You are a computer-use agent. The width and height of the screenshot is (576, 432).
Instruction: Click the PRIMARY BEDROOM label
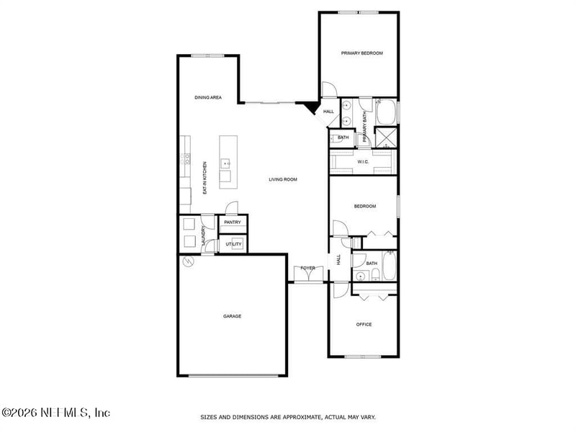coord(361,53)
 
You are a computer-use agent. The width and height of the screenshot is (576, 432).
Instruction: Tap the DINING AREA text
coord(207,97)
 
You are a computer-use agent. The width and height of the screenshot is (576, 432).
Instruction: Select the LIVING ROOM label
coord(283,179)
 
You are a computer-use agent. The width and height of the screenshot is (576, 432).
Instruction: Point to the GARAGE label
coord(232,316)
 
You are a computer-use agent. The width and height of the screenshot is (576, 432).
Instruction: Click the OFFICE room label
coord(364,325)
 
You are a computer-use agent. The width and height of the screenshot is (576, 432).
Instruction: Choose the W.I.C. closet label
coord(363,161)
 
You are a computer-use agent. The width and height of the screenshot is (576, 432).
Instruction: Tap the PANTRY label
coord(232,222)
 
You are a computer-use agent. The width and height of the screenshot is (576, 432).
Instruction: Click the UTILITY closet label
coord(233,245)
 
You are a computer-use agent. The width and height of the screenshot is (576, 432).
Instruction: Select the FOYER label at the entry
coord(307,269)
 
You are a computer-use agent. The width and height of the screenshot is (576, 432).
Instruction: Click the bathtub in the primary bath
coord(386,112)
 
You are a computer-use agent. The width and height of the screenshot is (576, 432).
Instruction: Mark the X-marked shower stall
coord(388,136)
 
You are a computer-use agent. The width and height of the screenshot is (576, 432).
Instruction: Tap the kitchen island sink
coord(225,163)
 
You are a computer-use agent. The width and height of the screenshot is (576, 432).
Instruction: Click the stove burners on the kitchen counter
coord(186,158)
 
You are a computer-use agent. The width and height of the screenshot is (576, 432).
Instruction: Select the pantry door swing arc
coord(231,208)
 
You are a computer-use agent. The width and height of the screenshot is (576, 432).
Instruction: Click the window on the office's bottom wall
coord(362,356)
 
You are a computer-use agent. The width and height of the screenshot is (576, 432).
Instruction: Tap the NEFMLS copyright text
coord(56,413)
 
